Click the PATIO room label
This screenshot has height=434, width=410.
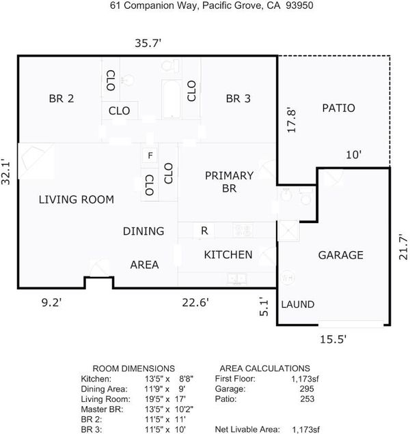[338, 108]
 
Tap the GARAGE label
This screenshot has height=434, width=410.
[341, 255]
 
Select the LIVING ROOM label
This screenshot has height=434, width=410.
[77, 199]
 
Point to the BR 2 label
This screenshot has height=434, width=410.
[61, 98]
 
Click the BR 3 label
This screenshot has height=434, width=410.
[238, 98]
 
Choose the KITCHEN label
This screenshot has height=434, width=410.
[228, 255]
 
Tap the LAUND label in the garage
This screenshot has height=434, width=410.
[298, 304]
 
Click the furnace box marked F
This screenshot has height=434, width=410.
[150, 156]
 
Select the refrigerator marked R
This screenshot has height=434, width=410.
[204, 231]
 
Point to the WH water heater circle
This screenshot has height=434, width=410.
[287, 277]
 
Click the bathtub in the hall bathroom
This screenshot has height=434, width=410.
[172, 100]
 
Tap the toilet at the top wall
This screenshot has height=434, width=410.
[170, 66]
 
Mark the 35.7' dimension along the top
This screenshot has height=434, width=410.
[148, 43]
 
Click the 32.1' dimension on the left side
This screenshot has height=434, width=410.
[5, 171]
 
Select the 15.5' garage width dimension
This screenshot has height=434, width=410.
[333, 339]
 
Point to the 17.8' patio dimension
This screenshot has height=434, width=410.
[291, 120]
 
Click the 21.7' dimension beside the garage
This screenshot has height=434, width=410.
[403, 247]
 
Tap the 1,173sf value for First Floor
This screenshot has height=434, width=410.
[305, 379]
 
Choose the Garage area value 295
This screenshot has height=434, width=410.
[307, 388]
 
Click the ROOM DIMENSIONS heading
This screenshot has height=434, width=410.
[134, 368]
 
